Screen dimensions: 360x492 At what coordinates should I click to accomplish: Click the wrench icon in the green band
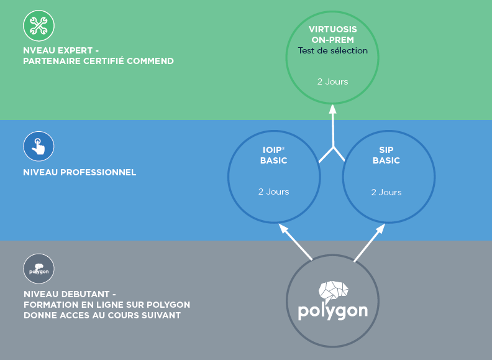[39, 26]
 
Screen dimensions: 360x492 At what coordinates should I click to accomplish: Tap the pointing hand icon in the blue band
[39, 147]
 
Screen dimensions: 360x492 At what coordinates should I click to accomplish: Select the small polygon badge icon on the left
[39, 269]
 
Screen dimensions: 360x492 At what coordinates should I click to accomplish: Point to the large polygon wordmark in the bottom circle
[332, 310]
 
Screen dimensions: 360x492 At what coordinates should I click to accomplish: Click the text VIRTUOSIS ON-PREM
[332, 34]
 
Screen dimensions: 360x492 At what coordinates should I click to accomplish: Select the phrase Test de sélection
[332, 51]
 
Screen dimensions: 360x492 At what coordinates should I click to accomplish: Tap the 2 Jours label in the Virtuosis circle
[332, 81]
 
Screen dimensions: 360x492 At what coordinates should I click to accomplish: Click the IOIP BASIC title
[274, 155]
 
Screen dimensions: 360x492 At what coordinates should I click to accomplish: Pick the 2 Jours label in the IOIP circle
[274, 192]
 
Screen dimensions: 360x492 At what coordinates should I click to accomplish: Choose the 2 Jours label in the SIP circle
[386, 192]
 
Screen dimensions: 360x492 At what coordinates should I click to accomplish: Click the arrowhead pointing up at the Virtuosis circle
[332, 109]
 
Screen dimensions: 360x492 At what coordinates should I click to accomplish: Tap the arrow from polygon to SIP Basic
[369, 242]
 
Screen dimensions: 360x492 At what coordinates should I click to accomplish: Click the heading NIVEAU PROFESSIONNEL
[80, 172]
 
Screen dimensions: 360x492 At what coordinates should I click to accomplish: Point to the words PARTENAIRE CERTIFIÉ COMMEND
[98, 61]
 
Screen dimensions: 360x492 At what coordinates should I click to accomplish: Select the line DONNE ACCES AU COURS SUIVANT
[101, 315]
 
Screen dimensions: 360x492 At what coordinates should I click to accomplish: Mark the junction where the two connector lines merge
[334, 148]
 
